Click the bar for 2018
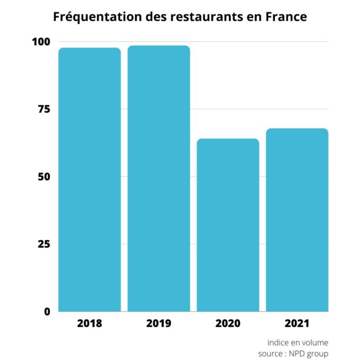tap(89, 179)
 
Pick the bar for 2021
tap(297, 220)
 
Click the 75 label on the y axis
tap(43, 109)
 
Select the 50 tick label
tap(43, 177)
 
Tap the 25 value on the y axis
tap(43, 244)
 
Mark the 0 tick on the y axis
tap(47, 312)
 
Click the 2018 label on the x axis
tap(89, 324)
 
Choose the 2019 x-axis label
tap(159, 324)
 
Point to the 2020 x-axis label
tap(228, 324)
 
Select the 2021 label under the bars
tap(297, 324)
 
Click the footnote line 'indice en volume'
tap(298, 342)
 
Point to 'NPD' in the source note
tap(299, 354)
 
